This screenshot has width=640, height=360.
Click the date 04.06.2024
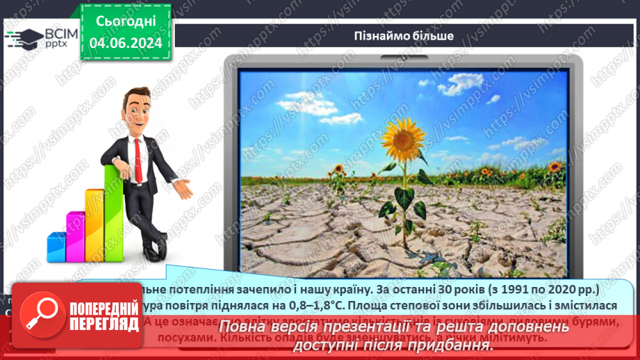tap(126, 43)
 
